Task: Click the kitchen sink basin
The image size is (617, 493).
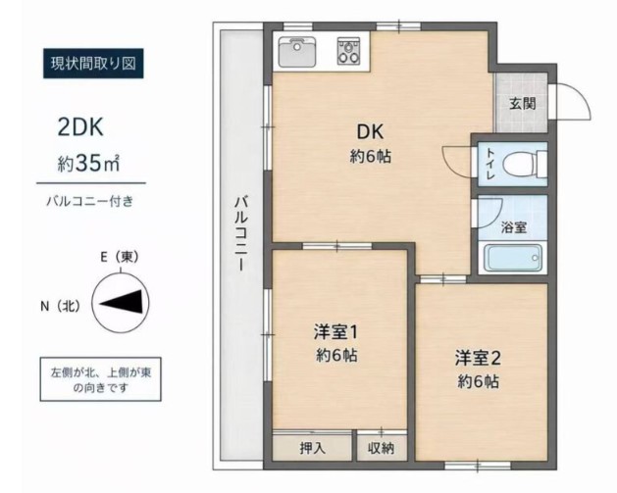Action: pyautogui.click(x=297, y=52)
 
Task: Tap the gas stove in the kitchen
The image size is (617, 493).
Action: pyautogui.click(x=348, y=51)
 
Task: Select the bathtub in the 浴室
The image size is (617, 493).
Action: pyautogui.click(x=513, y=258)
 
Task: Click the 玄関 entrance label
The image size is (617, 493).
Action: pyautogui.click(x=523, y=104)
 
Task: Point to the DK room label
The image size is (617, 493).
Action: pyautogui.click(x=370, y=131)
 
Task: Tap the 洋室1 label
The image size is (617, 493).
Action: pyautogui.click(x=335, y=332)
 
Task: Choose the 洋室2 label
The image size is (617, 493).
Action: pyautogui.click(x=478, y=358)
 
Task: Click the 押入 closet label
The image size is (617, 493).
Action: pyautogui.click(x=313, y=448)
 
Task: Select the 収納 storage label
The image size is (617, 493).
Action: pyautogui.click(x=381, y=448)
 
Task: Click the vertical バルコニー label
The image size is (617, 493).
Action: pyautogui.click(x=241, y=233)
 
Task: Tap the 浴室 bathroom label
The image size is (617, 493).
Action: pyautogui.click(x=514, y=227)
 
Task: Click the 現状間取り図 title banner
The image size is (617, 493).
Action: pyautogui.click(x=93, y=64)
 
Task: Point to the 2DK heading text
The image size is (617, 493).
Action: pyautogui.click(x=80, y=127)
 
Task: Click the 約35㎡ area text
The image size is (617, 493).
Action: pyautogui.click(x=88, y=163)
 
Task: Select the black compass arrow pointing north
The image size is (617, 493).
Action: pyautogui.click(x=121, y=303)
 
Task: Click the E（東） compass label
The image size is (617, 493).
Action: pyautogui.click(x=120, y=257)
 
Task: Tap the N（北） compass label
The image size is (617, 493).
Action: pyautogui.click(x=60, y=306)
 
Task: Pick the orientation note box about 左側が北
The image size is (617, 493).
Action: pyautogui.click(x=100, y=379)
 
